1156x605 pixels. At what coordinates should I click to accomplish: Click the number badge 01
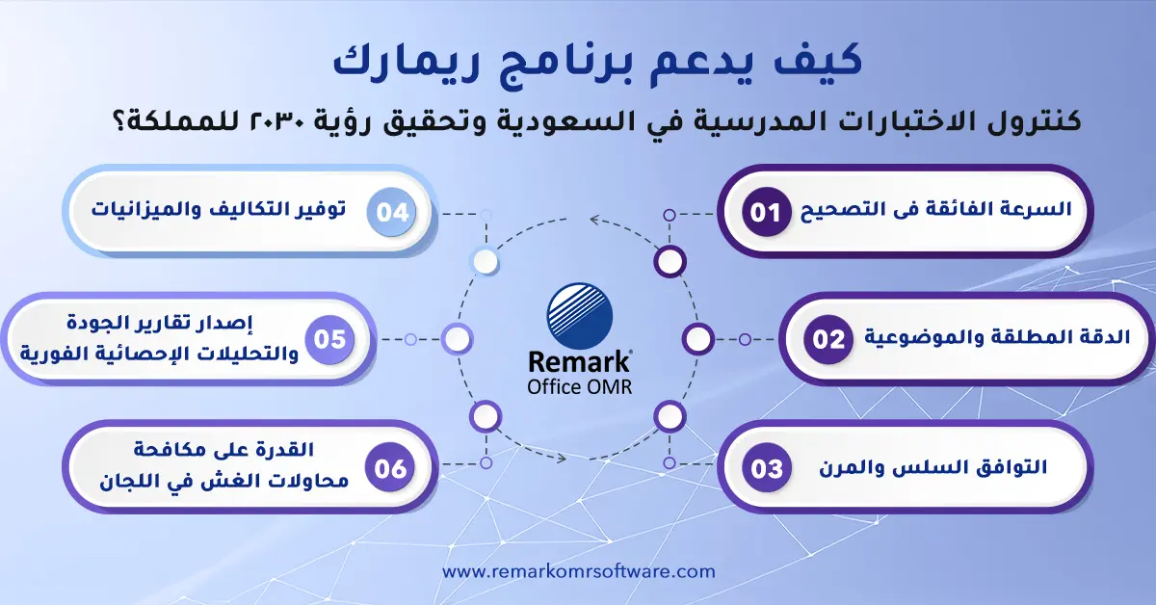pos(766,212)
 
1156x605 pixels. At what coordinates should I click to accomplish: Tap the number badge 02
pos(828,340)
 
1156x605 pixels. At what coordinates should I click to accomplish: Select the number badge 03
pos(768,468)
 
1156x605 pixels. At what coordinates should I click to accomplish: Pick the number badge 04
pos(392,212)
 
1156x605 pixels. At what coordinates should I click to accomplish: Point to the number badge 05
pos(330,340)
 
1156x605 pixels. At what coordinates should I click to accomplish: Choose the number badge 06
pos(391,468)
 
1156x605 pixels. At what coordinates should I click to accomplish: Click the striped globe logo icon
pos(579,315)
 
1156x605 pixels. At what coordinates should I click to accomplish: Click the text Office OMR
pos(579,386)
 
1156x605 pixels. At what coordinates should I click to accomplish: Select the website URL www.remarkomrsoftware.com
pos(579,571)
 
